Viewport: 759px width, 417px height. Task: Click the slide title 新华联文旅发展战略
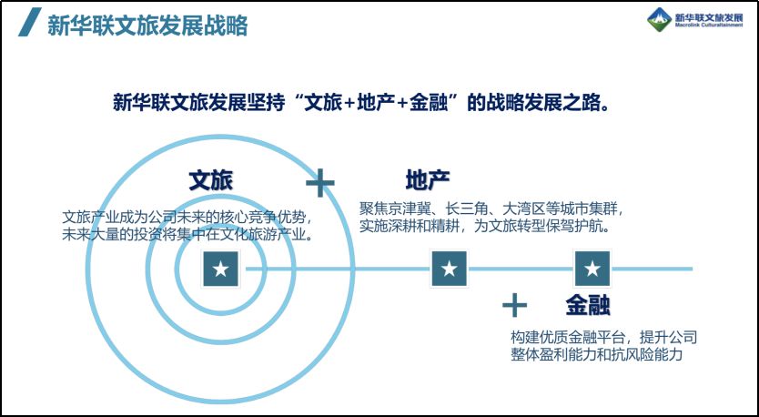147,25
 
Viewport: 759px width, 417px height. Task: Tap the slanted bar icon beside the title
29,22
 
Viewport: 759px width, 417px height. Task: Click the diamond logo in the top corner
660,20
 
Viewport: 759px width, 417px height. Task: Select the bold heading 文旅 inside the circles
211,180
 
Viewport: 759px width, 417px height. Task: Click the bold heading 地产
428,180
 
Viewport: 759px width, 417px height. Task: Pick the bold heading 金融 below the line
588,305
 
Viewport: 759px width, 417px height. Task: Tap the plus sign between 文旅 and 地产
320,183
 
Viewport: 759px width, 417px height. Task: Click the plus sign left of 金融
514,305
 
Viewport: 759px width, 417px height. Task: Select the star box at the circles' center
221,269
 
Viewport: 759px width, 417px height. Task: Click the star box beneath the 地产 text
450,269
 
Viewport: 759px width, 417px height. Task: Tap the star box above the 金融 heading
592,269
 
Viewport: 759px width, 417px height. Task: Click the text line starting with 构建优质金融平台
603,337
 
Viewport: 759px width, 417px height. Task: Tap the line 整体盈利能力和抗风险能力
596,354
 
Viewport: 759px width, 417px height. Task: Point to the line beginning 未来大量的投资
187,234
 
